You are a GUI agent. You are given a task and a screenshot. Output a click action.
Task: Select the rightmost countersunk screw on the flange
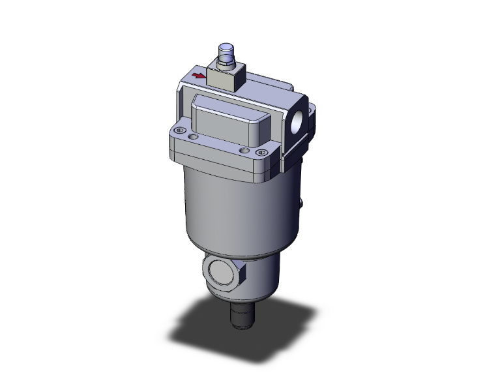pos(262,153)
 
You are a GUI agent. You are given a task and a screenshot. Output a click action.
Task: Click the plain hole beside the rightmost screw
pos(244,151)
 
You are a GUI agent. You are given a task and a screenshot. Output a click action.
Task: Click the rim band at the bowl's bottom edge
pos(228,250)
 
